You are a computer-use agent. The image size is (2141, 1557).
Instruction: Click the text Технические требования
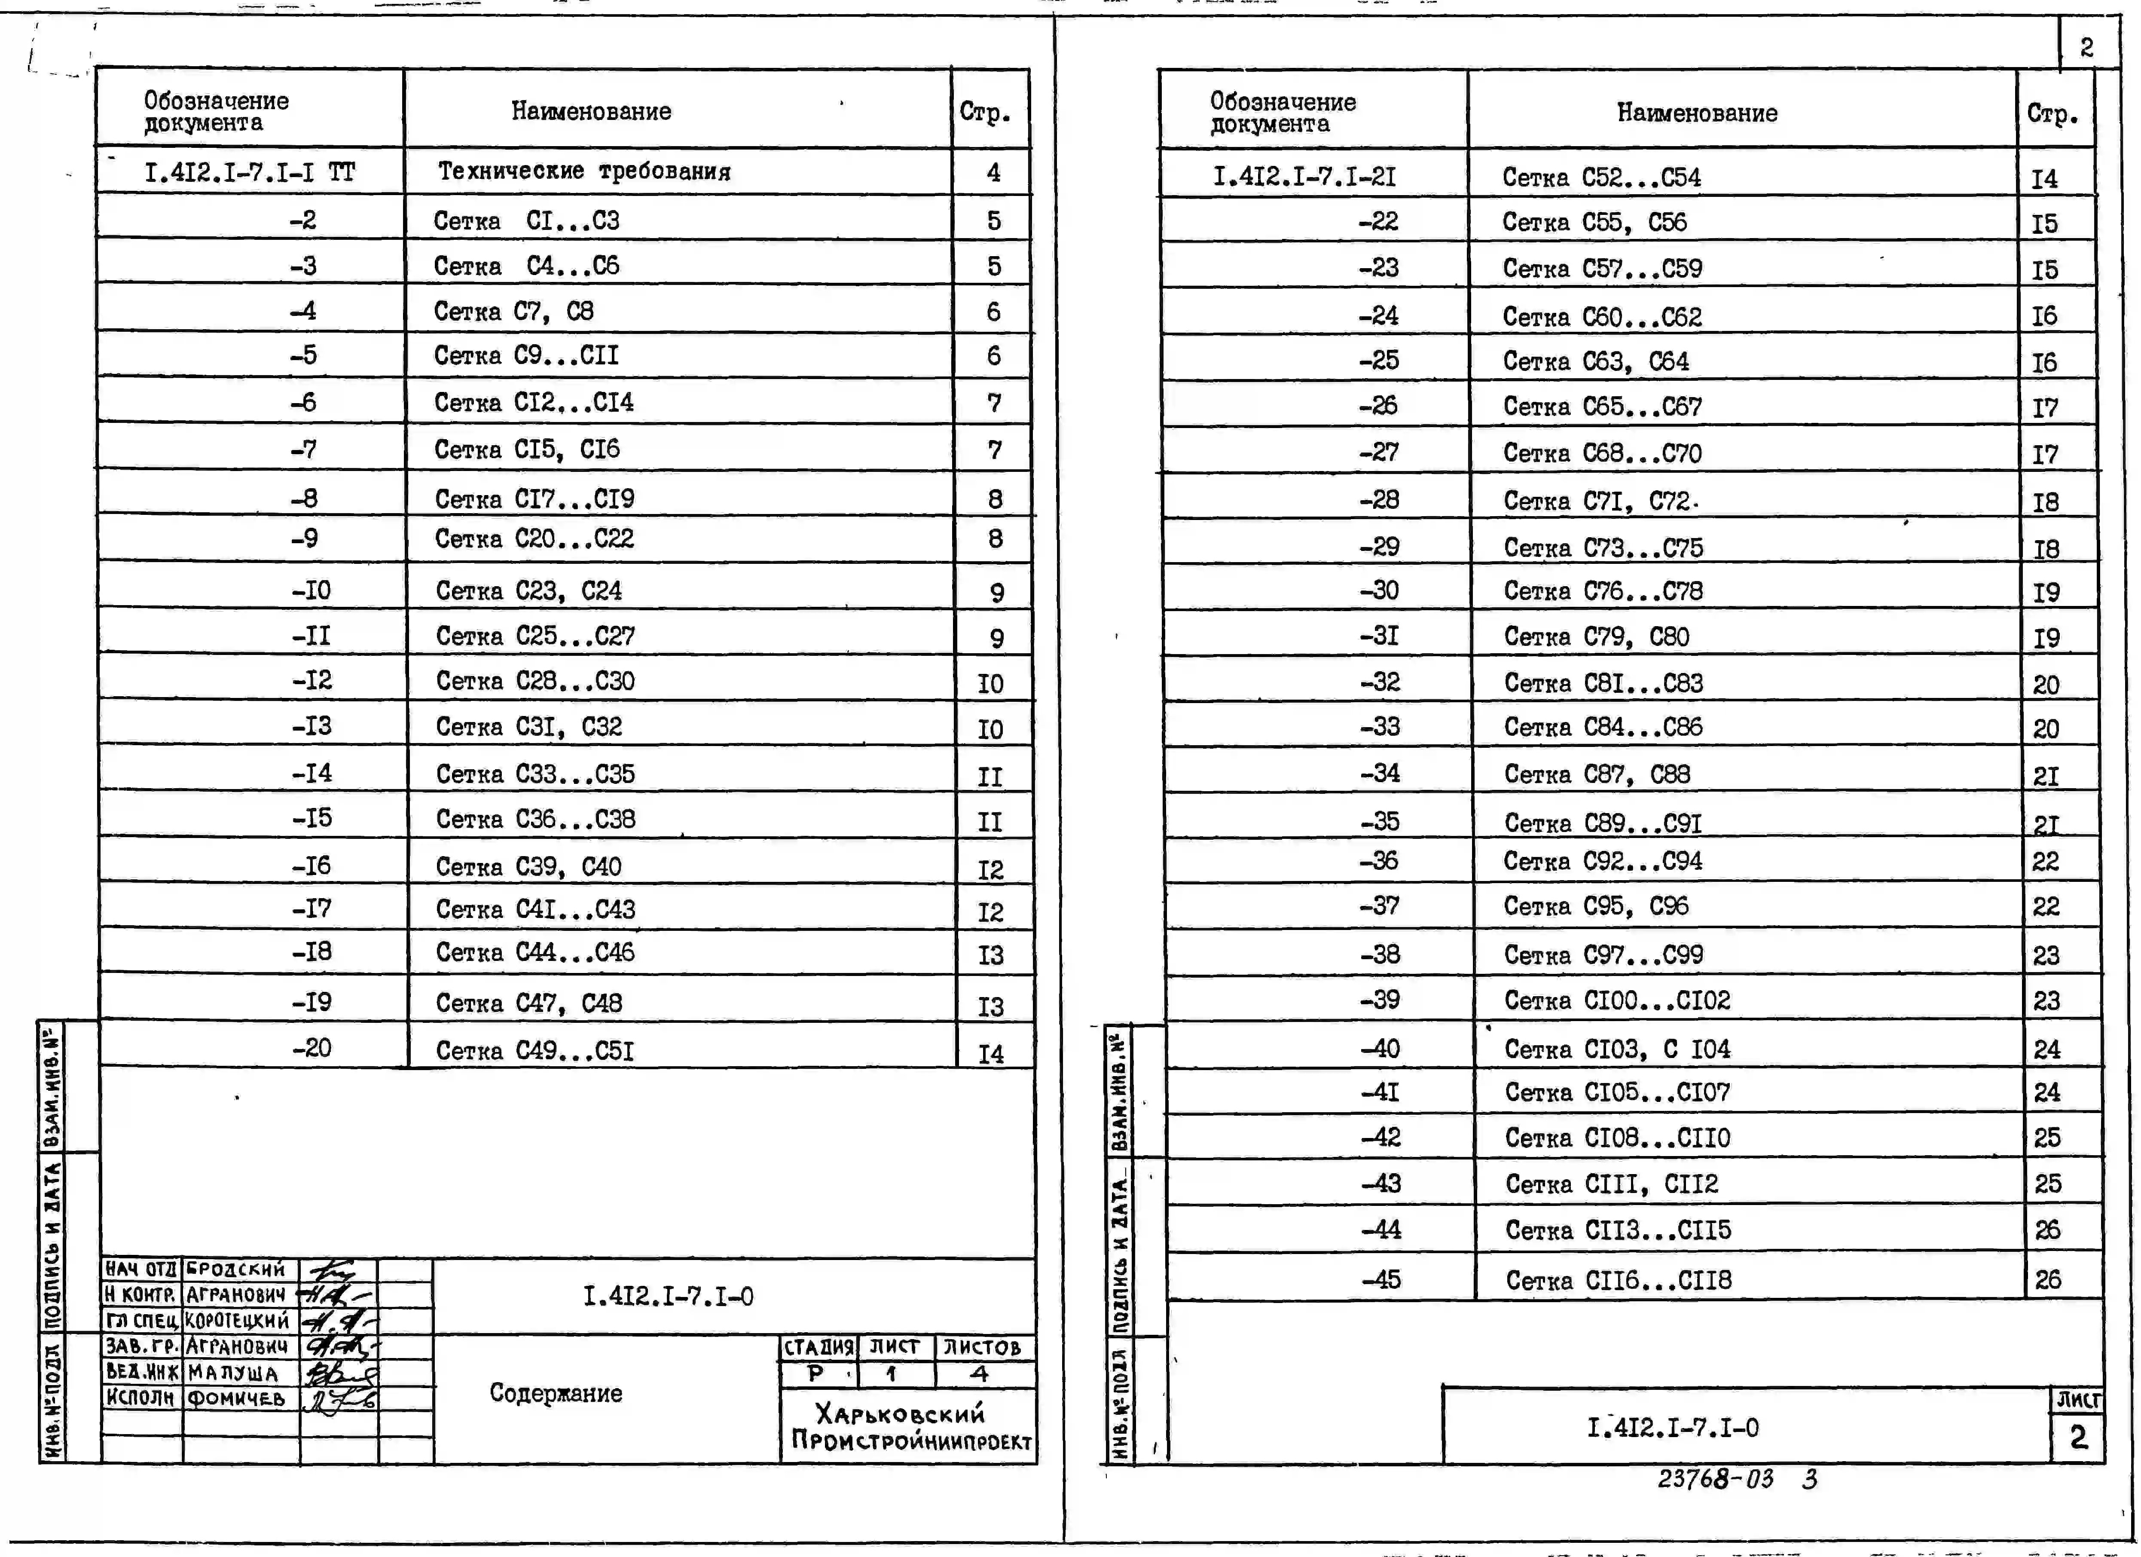583,171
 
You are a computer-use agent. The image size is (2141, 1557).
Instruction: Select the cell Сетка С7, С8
513,311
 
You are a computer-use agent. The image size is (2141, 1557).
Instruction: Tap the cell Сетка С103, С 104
1617,1048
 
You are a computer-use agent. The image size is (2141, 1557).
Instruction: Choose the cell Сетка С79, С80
1596,636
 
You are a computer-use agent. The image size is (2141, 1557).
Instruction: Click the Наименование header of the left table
591,110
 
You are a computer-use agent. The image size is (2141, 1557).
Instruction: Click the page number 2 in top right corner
2086,46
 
